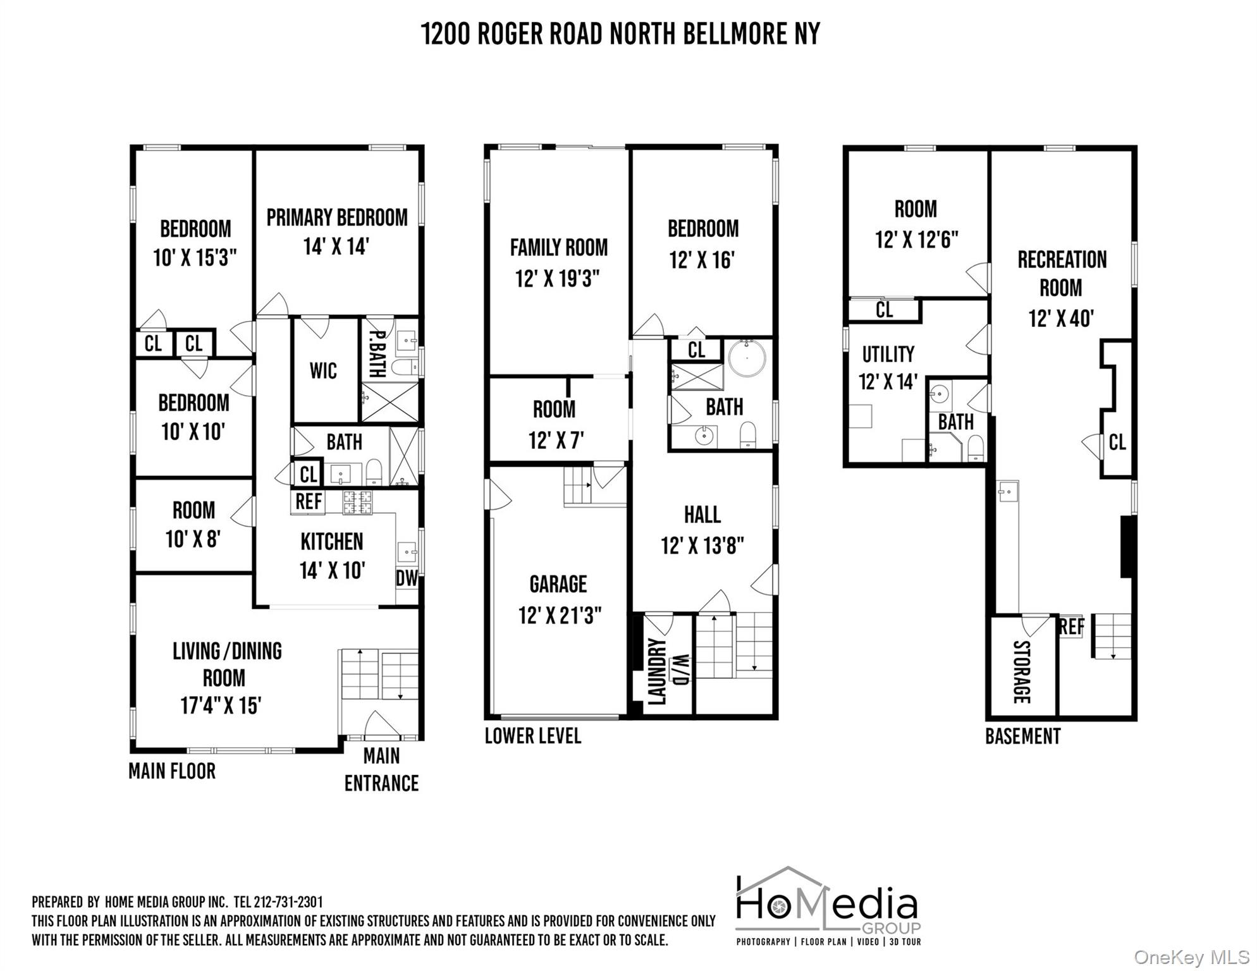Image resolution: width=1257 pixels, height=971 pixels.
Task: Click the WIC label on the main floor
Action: [323, 370]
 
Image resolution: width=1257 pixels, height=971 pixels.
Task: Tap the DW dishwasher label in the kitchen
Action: [407, 578]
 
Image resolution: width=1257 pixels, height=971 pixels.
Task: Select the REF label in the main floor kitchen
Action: [309, 501]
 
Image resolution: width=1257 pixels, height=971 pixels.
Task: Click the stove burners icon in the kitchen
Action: [358, 503]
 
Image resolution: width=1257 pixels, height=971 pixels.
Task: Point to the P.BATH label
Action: [377, 355]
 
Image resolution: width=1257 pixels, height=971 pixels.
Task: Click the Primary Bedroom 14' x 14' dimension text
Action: [336, 246]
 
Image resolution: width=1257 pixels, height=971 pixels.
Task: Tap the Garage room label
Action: [558, 584]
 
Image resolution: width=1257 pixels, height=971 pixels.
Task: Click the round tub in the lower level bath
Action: [747, 358]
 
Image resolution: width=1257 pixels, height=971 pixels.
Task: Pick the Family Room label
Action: [559, 247]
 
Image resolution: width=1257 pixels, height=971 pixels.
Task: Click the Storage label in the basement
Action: [1022, 672]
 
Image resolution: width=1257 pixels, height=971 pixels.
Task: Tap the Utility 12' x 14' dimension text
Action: [888, 382]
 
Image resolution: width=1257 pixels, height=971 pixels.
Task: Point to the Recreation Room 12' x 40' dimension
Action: [1061, 318]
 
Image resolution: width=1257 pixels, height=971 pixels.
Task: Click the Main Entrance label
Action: [381, 769]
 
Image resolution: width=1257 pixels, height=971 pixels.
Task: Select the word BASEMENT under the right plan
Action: [1022, 736]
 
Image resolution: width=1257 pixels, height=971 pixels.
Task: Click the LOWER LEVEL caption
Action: [533, 736]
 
